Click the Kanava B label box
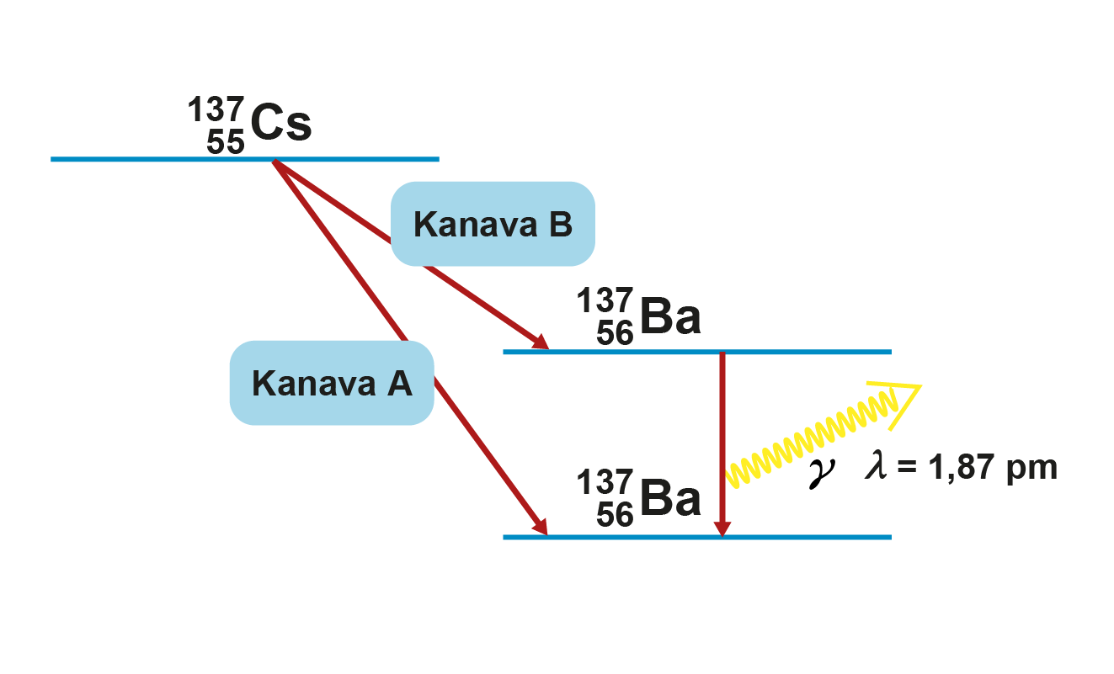[x=493, y=225]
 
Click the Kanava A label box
[x=332, y=383]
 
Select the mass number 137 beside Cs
[x=216, y=110]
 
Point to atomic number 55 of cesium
[x=225, y=142]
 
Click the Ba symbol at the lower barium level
[x=670, y=499]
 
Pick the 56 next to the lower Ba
[x=615, y=514]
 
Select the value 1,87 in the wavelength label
[x=966, y=467]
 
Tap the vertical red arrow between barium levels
[x=722, y=438]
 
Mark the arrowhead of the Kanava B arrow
[x=541, y=343]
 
